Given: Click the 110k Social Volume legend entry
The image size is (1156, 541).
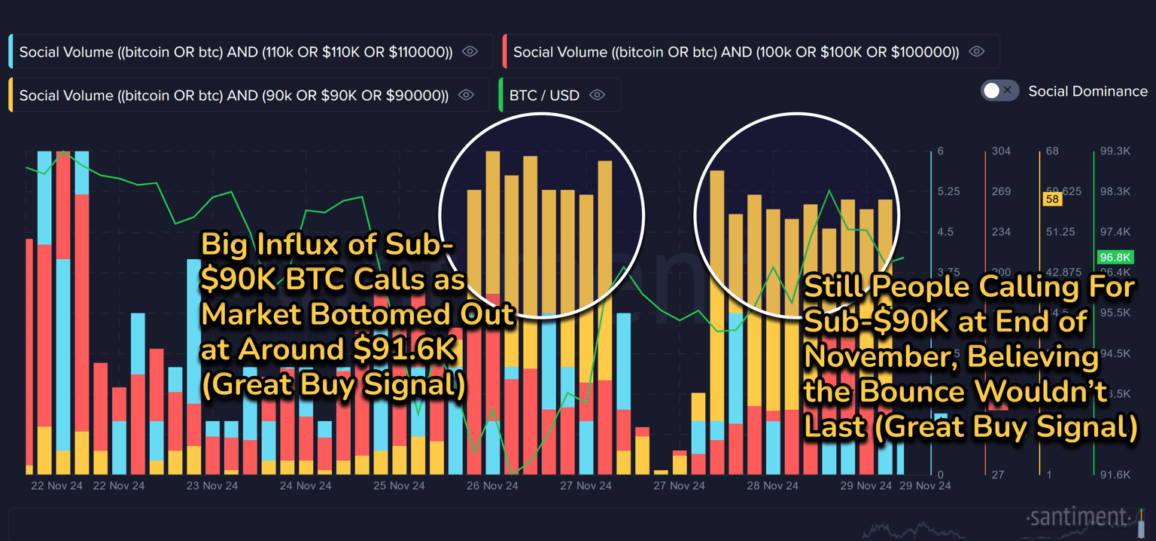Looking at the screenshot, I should pos(236,52).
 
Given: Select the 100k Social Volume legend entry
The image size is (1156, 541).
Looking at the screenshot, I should pos(735,52).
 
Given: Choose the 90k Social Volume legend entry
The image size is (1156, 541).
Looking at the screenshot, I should pos(233,96).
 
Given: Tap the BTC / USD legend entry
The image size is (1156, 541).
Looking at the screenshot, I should pos(544,96).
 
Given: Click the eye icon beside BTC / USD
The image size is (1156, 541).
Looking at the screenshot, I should pos(598,96).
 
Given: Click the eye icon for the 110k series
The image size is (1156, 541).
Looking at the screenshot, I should pos(470,52).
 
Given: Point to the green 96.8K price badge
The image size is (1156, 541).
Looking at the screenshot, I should pos(1115,258).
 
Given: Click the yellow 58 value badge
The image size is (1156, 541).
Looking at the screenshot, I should pos(1051,199).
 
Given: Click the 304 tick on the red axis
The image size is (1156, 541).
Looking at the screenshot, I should pos(1001,151).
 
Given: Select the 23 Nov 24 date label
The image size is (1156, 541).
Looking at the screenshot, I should pos(211,486).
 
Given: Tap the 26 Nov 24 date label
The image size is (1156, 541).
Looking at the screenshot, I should pos(491,486).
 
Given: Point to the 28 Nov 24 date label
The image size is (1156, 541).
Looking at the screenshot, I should pos(771,486).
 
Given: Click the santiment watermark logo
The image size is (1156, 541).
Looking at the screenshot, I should pos(1078,518).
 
